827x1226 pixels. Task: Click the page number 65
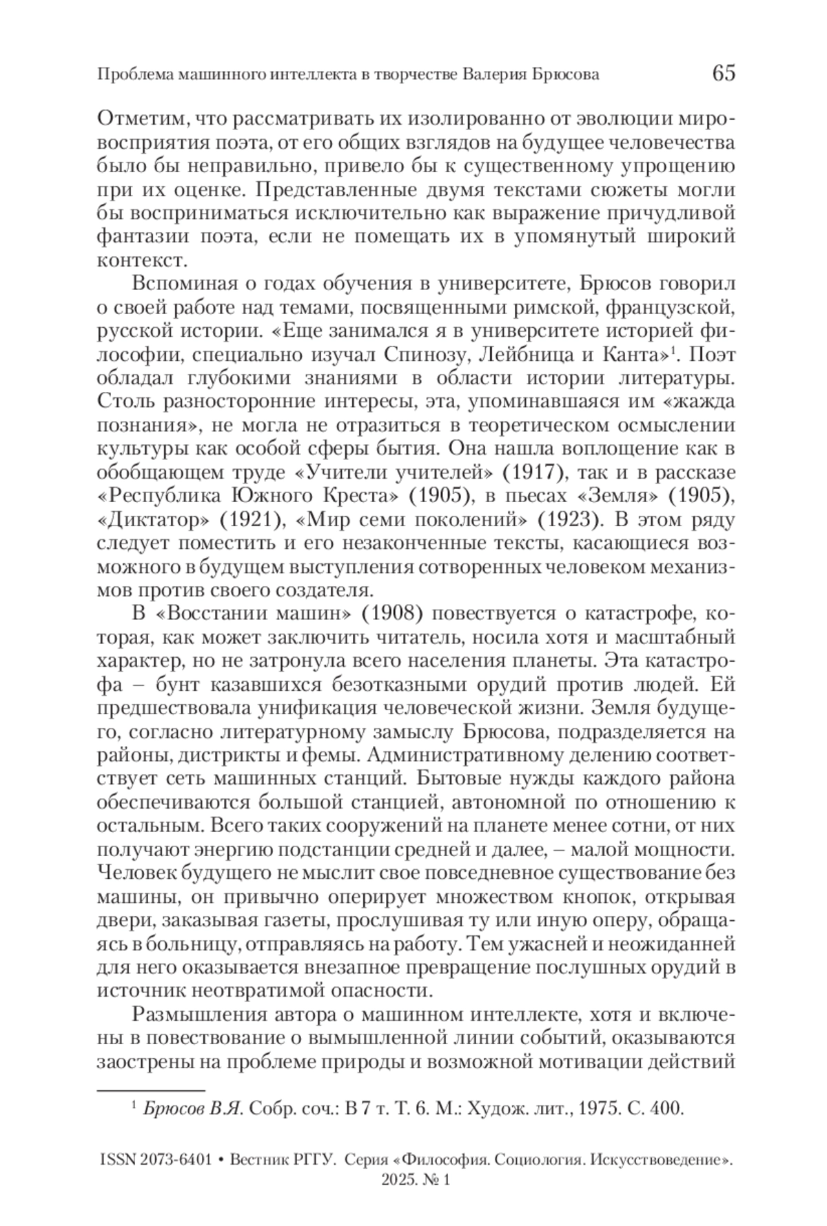723,73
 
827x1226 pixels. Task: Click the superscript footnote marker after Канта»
675,351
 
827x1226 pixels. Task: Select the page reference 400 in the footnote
667,1109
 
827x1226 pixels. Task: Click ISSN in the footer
119,1159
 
